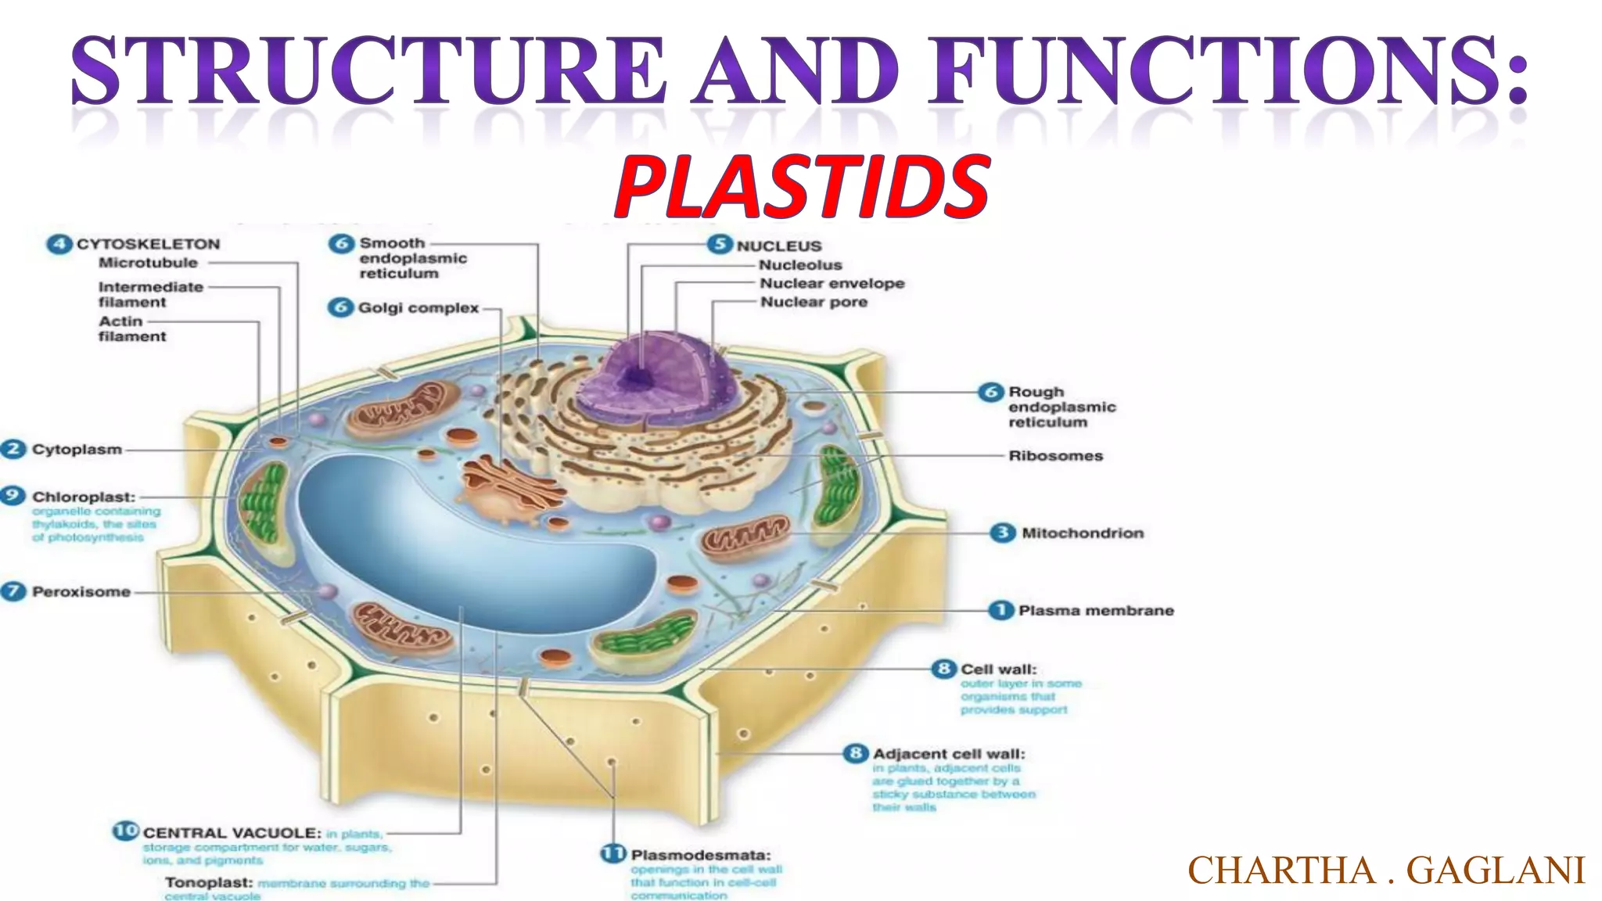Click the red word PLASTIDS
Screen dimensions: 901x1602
pyautogui.click(x=803, y=186)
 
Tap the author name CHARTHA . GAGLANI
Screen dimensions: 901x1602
pyautogui.click(x=1386, y=870)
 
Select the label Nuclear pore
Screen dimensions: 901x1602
pyautogui.click(x=814, y=302)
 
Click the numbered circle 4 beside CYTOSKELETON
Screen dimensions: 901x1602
pyautogui.click(x=59, y=244)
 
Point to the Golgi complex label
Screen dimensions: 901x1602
pyautogui.click(x=418, y=307)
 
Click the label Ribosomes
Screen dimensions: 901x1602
pyautogui.click(x=1055, y=455)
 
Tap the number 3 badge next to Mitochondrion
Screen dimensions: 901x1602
pyautogui.click(x=1002, y=533)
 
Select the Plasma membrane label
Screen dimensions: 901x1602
pyautogui.click(x=1095, y=610)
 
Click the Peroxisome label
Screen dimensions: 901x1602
pyautogui.click(x=81, y=591)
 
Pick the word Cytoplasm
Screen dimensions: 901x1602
pyautogui.click(x=77, y=449)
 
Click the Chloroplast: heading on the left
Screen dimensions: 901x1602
pyautogui.click(x=83, y=497)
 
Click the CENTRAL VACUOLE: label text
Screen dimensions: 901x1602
pyautogui.click(x=232, y=832)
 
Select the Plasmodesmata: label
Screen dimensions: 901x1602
pyautogui.click(x=700, y=854)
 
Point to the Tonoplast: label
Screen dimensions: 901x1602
pyautogui.click(x=209, y=882)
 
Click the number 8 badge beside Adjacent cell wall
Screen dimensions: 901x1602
pyautogui.click(x=856, y=753)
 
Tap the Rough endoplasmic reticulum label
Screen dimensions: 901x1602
pyautogui.click(x=1061, y=407)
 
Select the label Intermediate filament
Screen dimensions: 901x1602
pyautogui.click(x=150, y=294)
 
